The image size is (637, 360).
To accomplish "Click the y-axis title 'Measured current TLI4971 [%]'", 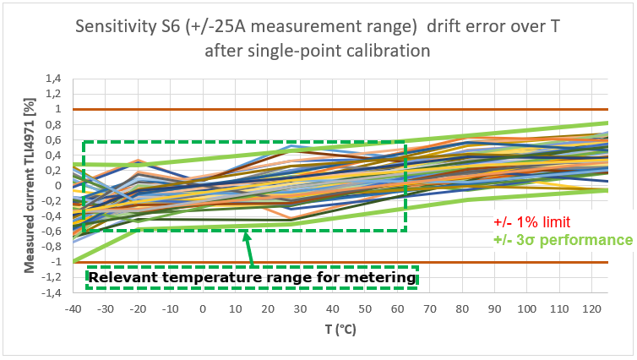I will click(30, 185).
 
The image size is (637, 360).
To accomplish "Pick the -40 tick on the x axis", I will click(73, 309).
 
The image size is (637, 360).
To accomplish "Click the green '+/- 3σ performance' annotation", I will click(563, 239).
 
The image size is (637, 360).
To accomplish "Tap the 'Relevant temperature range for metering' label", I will click(253, 277).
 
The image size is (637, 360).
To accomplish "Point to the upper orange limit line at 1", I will click(507, 109).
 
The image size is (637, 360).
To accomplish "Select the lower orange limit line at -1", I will click(507, 262).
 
